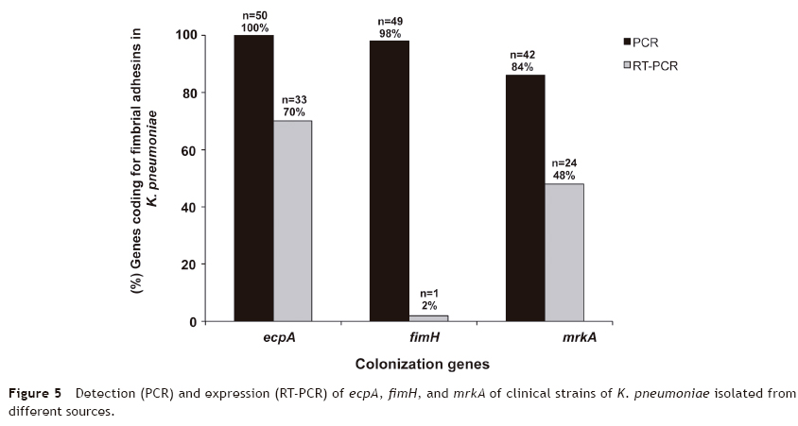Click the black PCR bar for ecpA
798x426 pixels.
253,179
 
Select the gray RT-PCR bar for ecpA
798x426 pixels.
293,221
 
